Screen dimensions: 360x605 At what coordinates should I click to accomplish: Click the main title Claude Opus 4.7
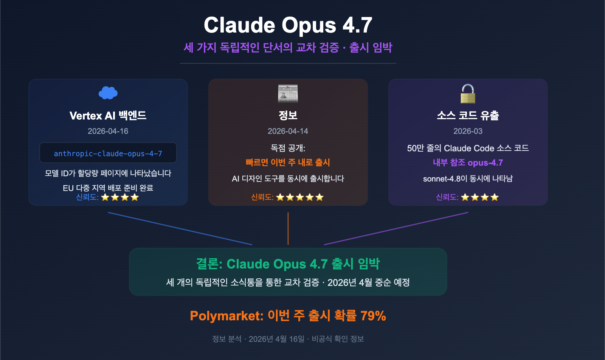pyautogui.click(x=288, y=25)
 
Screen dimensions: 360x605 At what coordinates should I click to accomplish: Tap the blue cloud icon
pyautogui.click(x=108, y=93)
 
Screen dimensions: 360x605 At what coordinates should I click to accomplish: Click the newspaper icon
pyautogui.click(x=288, y=94)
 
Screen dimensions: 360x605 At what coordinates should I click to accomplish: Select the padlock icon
pyautogui.click(x=468, y=94)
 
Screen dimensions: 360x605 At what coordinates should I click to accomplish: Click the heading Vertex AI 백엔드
pyautogui.click(x=108, y=115)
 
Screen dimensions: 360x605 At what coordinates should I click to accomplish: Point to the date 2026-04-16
pyautogui.click(x=108, y=131)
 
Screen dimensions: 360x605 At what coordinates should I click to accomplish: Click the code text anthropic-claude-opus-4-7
pyautogui.click(x=108, y=154)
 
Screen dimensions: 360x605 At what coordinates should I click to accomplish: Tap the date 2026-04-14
pyautogui.click(x=288, y=131)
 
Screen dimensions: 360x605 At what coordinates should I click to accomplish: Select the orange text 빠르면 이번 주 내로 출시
pyautogui.click(x=288, y=163)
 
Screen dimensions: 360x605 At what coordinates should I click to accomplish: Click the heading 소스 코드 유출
pyautogui.click(x=468, y=115)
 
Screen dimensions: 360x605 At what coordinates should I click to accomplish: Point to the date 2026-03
pyautogui.click(x=468, y=131)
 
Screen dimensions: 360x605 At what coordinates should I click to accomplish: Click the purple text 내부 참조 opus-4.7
pyautogui.click(x=468, y=163)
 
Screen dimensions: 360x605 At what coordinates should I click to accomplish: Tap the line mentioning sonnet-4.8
pyautogui.click(x=468, y=178)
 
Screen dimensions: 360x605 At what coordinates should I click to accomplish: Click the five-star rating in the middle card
pyautogui.click(x=300, y=197)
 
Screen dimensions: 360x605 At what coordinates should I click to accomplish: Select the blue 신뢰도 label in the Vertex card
pyautogui.click(x=87, y=197)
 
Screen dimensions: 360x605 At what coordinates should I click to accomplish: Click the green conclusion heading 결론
pyautogui.click(x=209, y=264)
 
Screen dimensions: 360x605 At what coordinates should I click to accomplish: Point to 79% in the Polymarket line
pyautogui.click(x=373, y=316)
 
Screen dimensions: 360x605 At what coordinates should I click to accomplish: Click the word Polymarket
pyautogui.click(x=226, y=316)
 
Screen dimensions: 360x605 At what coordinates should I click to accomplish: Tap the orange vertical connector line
pyautogui.click(x=288, y=228)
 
